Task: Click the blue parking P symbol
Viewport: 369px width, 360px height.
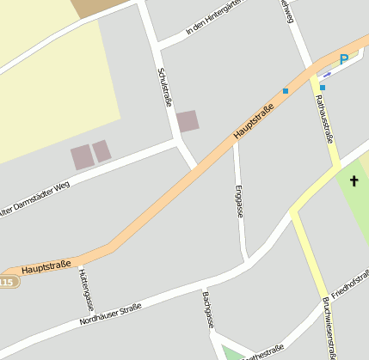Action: [x=344, y=59]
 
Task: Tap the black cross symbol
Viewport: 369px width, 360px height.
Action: [x=353, y=181]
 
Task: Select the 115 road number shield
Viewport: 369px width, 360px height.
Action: [x=7, y=282]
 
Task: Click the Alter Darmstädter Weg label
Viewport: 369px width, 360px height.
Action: [x=34, y=198]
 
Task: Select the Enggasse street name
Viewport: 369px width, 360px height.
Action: [x=239, y=200]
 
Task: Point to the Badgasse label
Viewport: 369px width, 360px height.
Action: [x=207, y=310]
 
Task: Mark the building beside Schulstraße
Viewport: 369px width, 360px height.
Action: [x=188, y=120]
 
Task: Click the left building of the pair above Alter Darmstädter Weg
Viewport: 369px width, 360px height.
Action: [x=82, y=156]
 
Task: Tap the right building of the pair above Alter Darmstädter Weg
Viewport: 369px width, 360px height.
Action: [x=102, y=151]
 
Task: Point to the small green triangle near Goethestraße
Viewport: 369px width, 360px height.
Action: [x=232, y=353]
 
